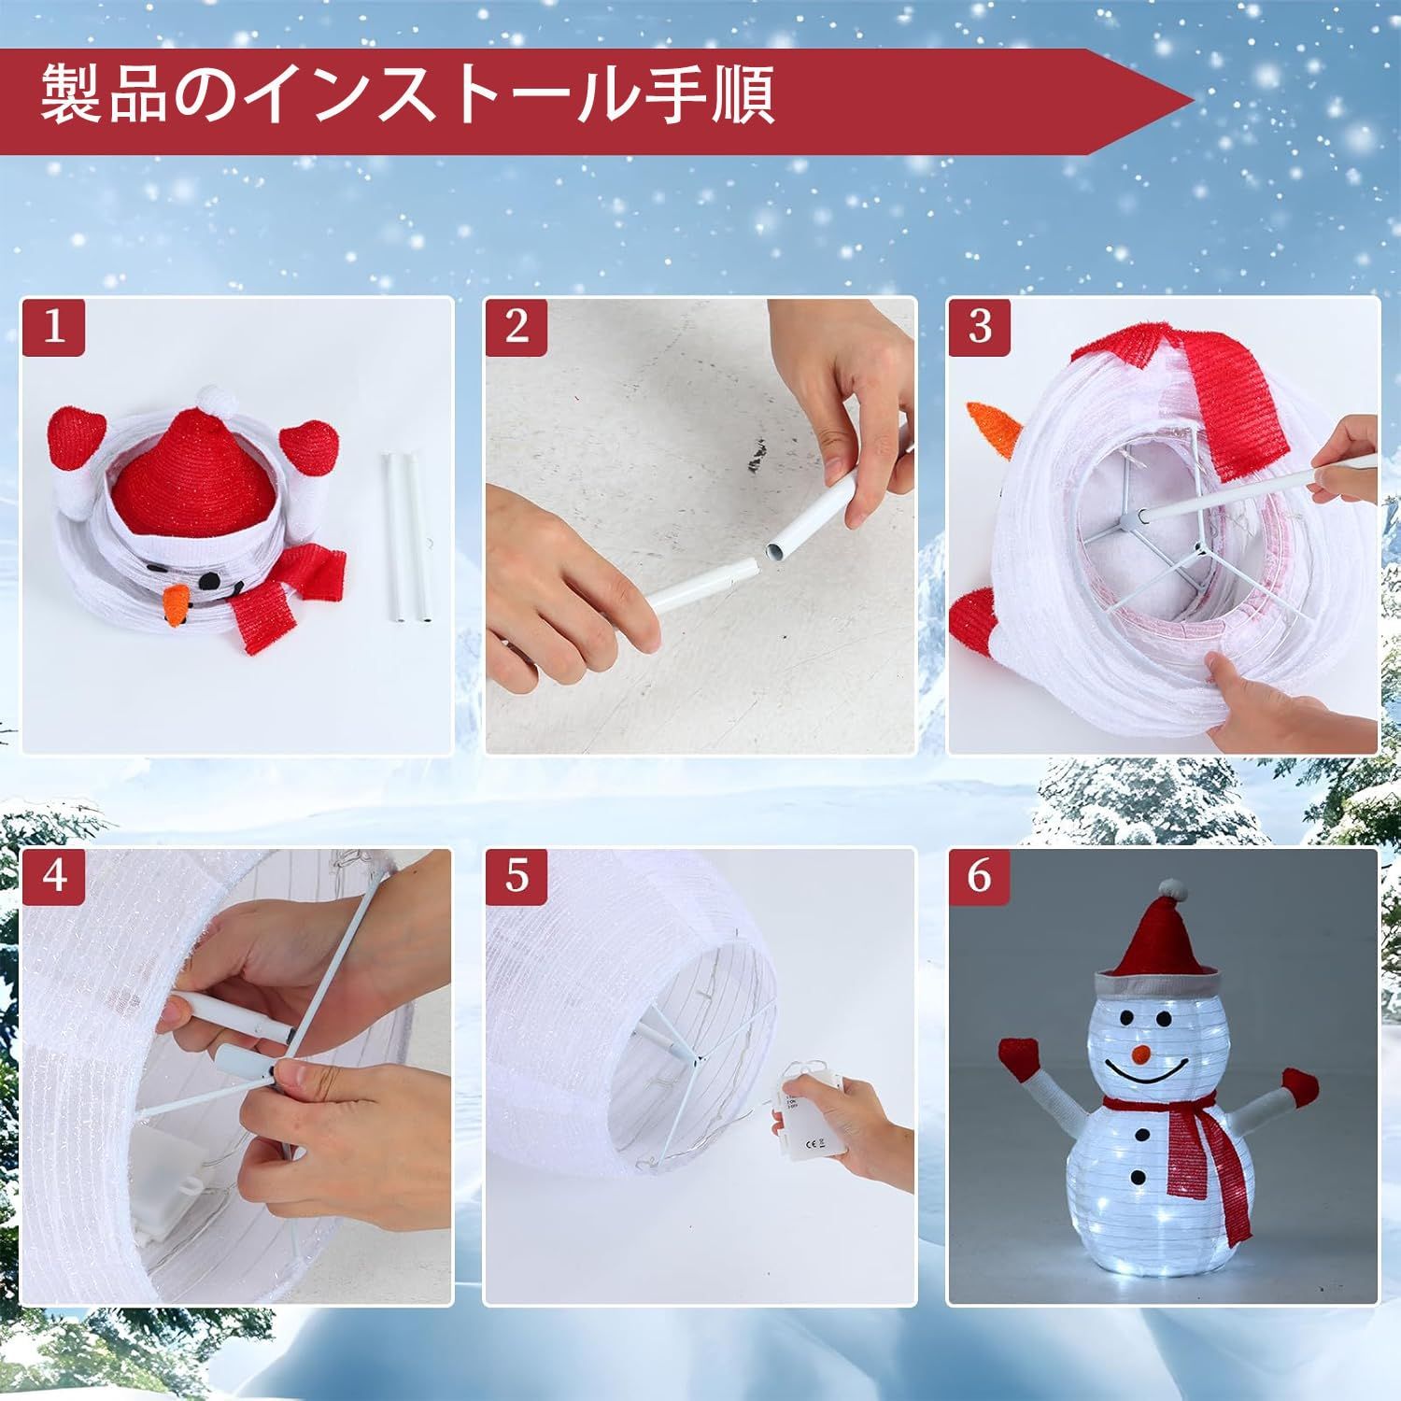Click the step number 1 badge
pos(55,327)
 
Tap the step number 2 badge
pos(517,327)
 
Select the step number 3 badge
pos(979,327)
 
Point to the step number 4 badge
pos(55,877)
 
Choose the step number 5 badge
pos(517,877)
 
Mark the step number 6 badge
pos(979,877)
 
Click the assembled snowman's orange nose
pos(1139,1053)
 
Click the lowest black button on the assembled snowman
pos(1140,1175)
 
